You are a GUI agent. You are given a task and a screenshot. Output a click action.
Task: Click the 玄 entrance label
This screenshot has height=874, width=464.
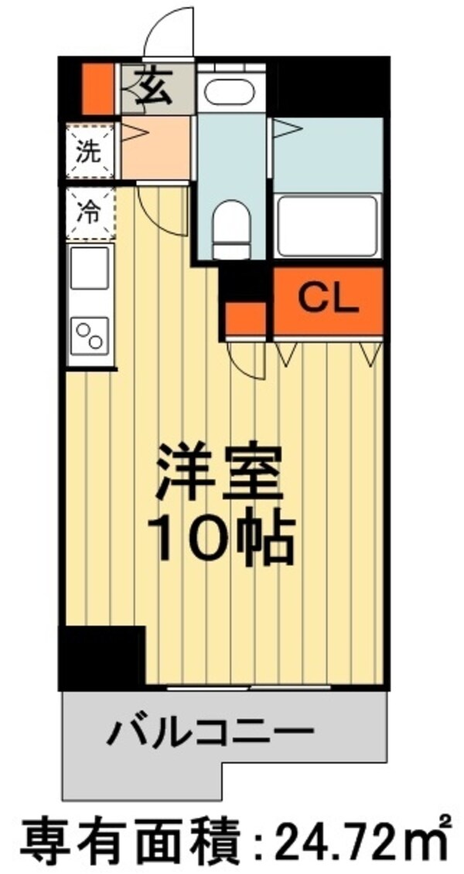pyautogui.click(x=155, y=88)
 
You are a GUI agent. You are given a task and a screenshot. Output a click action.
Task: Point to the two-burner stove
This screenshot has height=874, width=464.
pyautogui.click(x=90, y=336)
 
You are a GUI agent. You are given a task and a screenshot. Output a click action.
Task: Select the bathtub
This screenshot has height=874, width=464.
pyautogui.click(x=327, y=226)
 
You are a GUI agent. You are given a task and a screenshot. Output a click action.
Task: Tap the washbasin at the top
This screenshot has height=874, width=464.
pyautogui.click(x=225, y=92)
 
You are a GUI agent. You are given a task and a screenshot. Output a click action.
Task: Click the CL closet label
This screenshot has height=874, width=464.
pyautogui.click(x=329, y=299)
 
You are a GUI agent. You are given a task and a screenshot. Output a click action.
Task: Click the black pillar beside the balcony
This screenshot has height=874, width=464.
pyautogui.click(x=102, y=657)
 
